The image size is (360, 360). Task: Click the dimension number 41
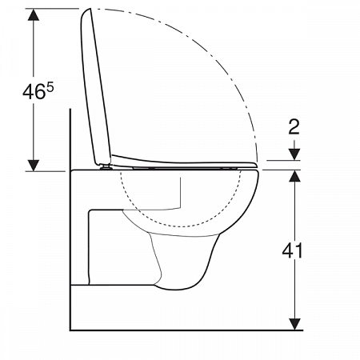(x=293, y=250)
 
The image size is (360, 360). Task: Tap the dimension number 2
(x=294, y=126)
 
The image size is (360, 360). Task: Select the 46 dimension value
(x=34, y=92)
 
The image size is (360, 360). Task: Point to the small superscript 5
(x=50, y=87)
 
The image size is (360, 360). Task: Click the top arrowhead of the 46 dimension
(x=34, y=14)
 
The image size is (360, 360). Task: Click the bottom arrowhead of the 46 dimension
(x=34, y=166)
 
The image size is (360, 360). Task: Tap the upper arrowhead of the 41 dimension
(x=295, y=176)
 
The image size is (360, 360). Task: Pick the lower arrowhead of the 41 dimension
(x=295, y=324)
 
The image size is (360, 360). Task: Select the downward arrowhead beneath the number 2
(x=294, y=154)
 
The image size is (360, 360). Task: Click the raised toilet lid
(x=95, y=86)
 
